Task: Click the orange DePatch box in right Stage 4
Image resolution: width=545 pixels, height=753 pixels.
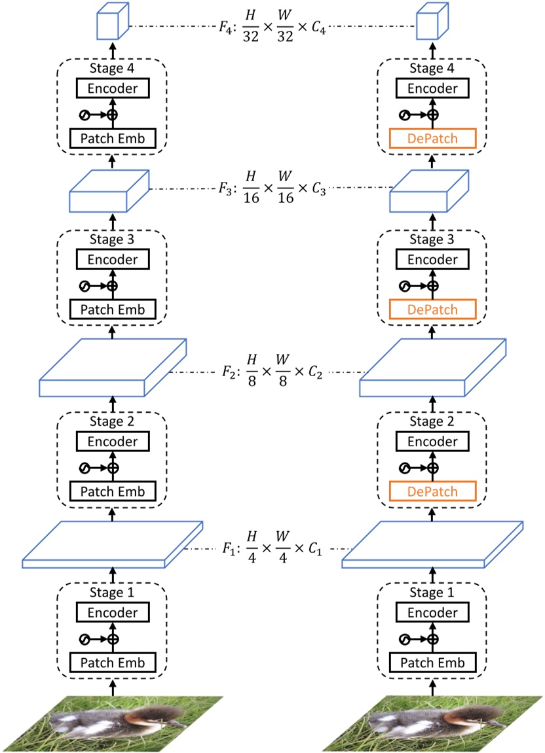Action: tap(432, 139)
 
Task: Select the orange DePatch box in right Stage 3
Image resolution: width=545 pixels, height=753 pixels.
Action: tap(432, 308)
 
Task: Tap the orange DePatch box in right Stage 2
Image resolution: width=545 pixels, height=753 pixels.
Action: tap(432, 491)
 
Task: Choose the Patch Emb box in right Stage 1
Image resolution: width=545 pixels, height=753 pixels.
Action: tap(432, 663)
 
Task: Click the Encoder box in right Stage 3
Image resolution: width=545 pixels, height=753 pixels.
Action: tap(432, 260)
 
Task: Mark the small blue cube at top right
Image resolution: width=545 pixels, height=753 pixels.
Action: tap(432, 21)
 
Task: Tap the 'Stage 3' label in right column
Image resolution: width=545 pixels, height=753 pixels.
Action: tap(432, 240)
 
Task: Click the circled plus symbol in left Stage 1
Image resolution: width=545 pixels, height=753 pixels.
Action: tap(112, 639)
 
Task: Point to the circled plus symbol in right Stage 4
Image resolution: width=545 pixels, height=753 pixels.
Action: tap(432, 114)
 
